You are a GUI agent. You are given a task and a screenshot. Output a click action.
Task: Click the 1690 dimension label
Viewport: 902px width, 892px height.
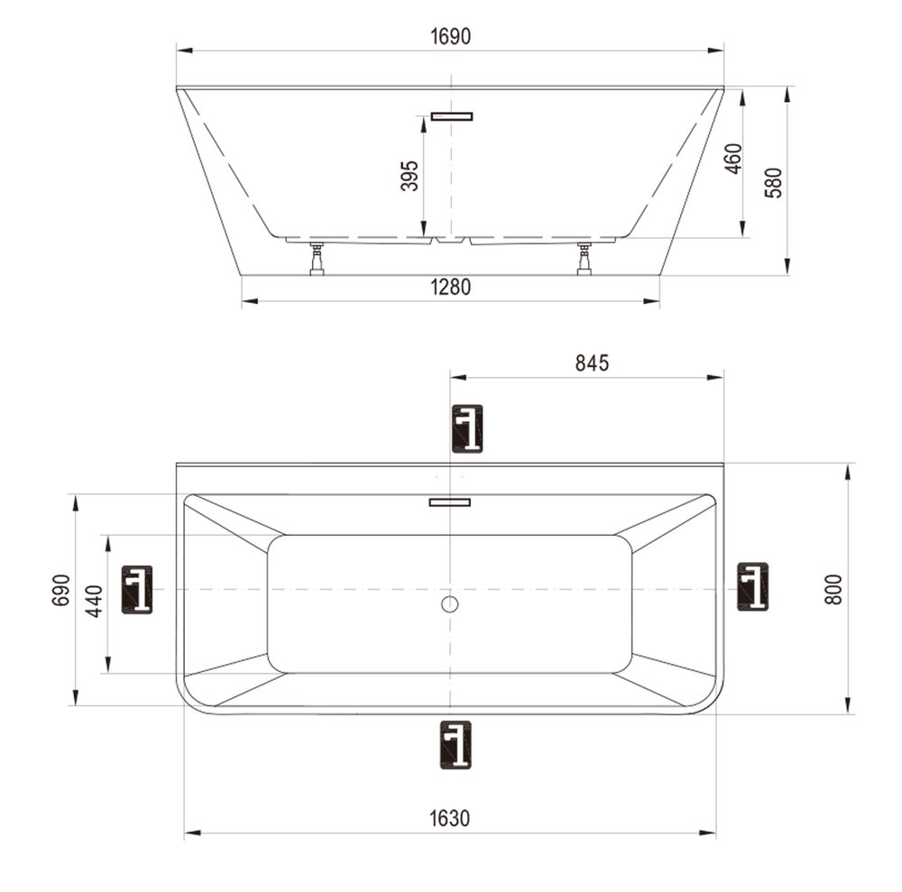(450, 36)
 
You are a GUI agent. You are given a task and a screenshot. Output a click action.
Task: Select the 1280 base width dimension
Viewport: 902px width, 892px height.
(450, 287)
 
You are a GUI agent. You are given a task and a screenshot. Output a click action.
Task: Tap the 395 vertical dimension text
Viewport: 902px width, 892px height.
(410, 175)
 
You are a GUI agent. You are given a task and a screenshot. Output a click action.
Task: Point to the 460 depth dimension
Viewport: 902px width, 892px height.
(733, 158)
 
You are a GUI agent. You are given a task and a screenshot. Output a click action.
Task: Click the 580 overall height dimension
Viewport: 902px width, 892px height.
(774, 182)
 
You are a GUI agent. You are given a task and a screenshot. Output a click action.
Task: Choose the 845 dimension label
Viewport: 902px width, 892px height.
(592, 363)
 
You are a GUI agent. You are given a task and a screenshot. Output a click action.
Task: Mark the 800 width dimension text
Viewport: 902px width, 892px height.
(833, 589)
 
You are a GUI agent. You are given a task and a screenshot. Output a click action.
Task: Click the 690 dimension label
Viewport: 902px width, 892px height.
(61, 590)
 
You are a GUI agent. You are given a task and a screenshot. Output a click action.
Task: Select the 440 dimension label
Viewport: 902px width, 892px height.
(95, 601)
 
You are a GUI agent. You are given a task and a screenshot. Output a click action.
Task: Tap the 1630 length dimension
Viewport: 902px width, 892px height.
(450, 818)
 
